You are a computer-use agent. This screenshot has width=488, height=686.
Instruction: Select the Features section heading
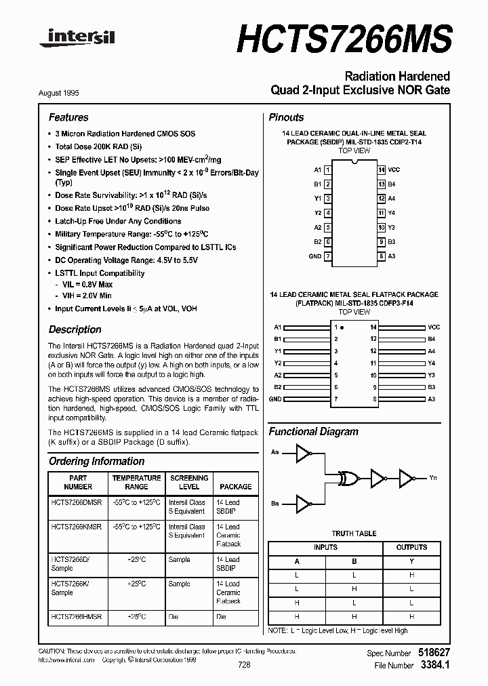[x=68, y=117]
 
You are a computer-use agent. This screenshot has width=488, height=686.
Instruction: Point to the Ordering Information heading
[x=96, y=461]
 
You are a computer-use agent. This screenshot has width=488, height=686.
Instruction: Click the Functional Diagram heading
[x=313, y=431]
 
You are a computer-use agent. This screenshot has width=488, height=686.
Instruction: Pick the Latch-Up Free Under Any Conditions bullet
[x=118, y=221]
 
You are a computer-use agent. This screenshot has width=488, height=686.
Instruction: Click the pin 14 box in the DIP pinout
[x=382, y=169]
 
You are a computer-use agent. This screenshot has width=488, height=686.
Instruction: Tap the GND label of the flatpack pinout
[x=274, y=399]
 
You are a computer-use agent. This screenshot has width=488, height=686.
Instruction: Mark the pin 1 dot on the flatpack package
[x=342, y=327]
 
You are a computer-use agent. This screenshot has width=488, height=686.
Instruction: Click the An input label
[x=274, y=452]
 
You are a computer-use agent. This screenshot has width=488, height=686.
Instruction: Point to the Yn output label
[x=432, y=478]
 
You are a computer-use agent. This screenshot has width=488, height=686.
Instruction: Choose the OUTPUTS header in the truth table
[x=411, y=547]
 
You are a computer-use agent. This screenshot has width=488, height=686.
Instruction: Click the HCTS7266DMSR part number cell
[x=76, y=502]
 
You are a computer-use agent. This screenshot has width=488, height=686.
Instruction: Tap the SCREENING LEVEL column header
[x=188, y=482]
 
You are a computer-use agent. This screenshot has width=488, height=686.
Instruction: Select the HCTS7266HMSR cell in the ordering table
[x=76, y=616]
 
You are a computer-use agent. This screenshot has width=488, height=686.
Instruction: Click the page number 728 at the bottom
[x=244, y=665]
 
